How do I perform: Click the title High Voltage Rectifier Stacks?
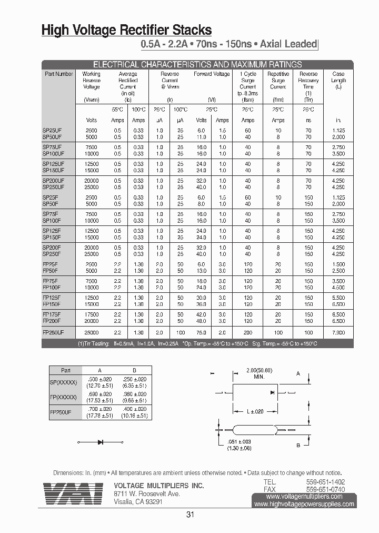(x=127, y=30)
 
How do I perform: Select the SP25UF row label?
(x=52, y=130)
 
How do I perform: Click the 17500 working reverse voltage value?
(x=91, y=314)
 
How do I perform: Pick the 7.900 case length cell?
(x=338, y=333)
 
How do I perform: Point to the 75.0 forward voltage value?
(x=202, y=333)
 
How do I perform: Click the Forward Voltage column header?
(x=212, y=74)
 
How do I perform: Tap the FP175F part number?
(x=52, y=314)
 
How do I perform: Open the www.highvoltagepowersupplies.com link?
(x=304, y=504)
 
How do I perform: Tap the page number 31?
(x=190, y=515)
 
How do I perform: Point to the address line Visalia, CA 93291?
(x=138, y=502)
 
